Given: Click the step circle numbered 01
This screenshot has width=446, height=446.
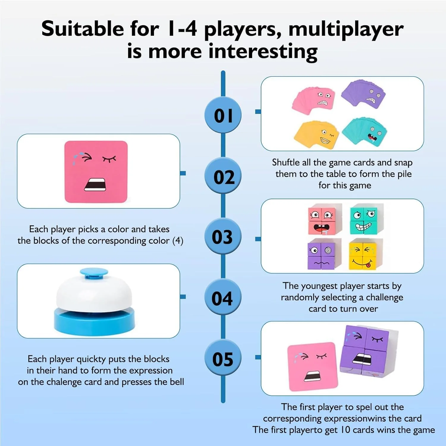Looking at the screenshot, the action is (x=223, y=115).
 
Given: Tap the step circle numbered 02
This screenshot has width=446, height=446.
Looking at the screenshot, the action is (x=223, y=176).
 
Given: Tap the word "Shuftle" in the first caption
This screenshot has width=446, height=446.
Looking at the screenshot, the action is (x=286, y=162).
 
